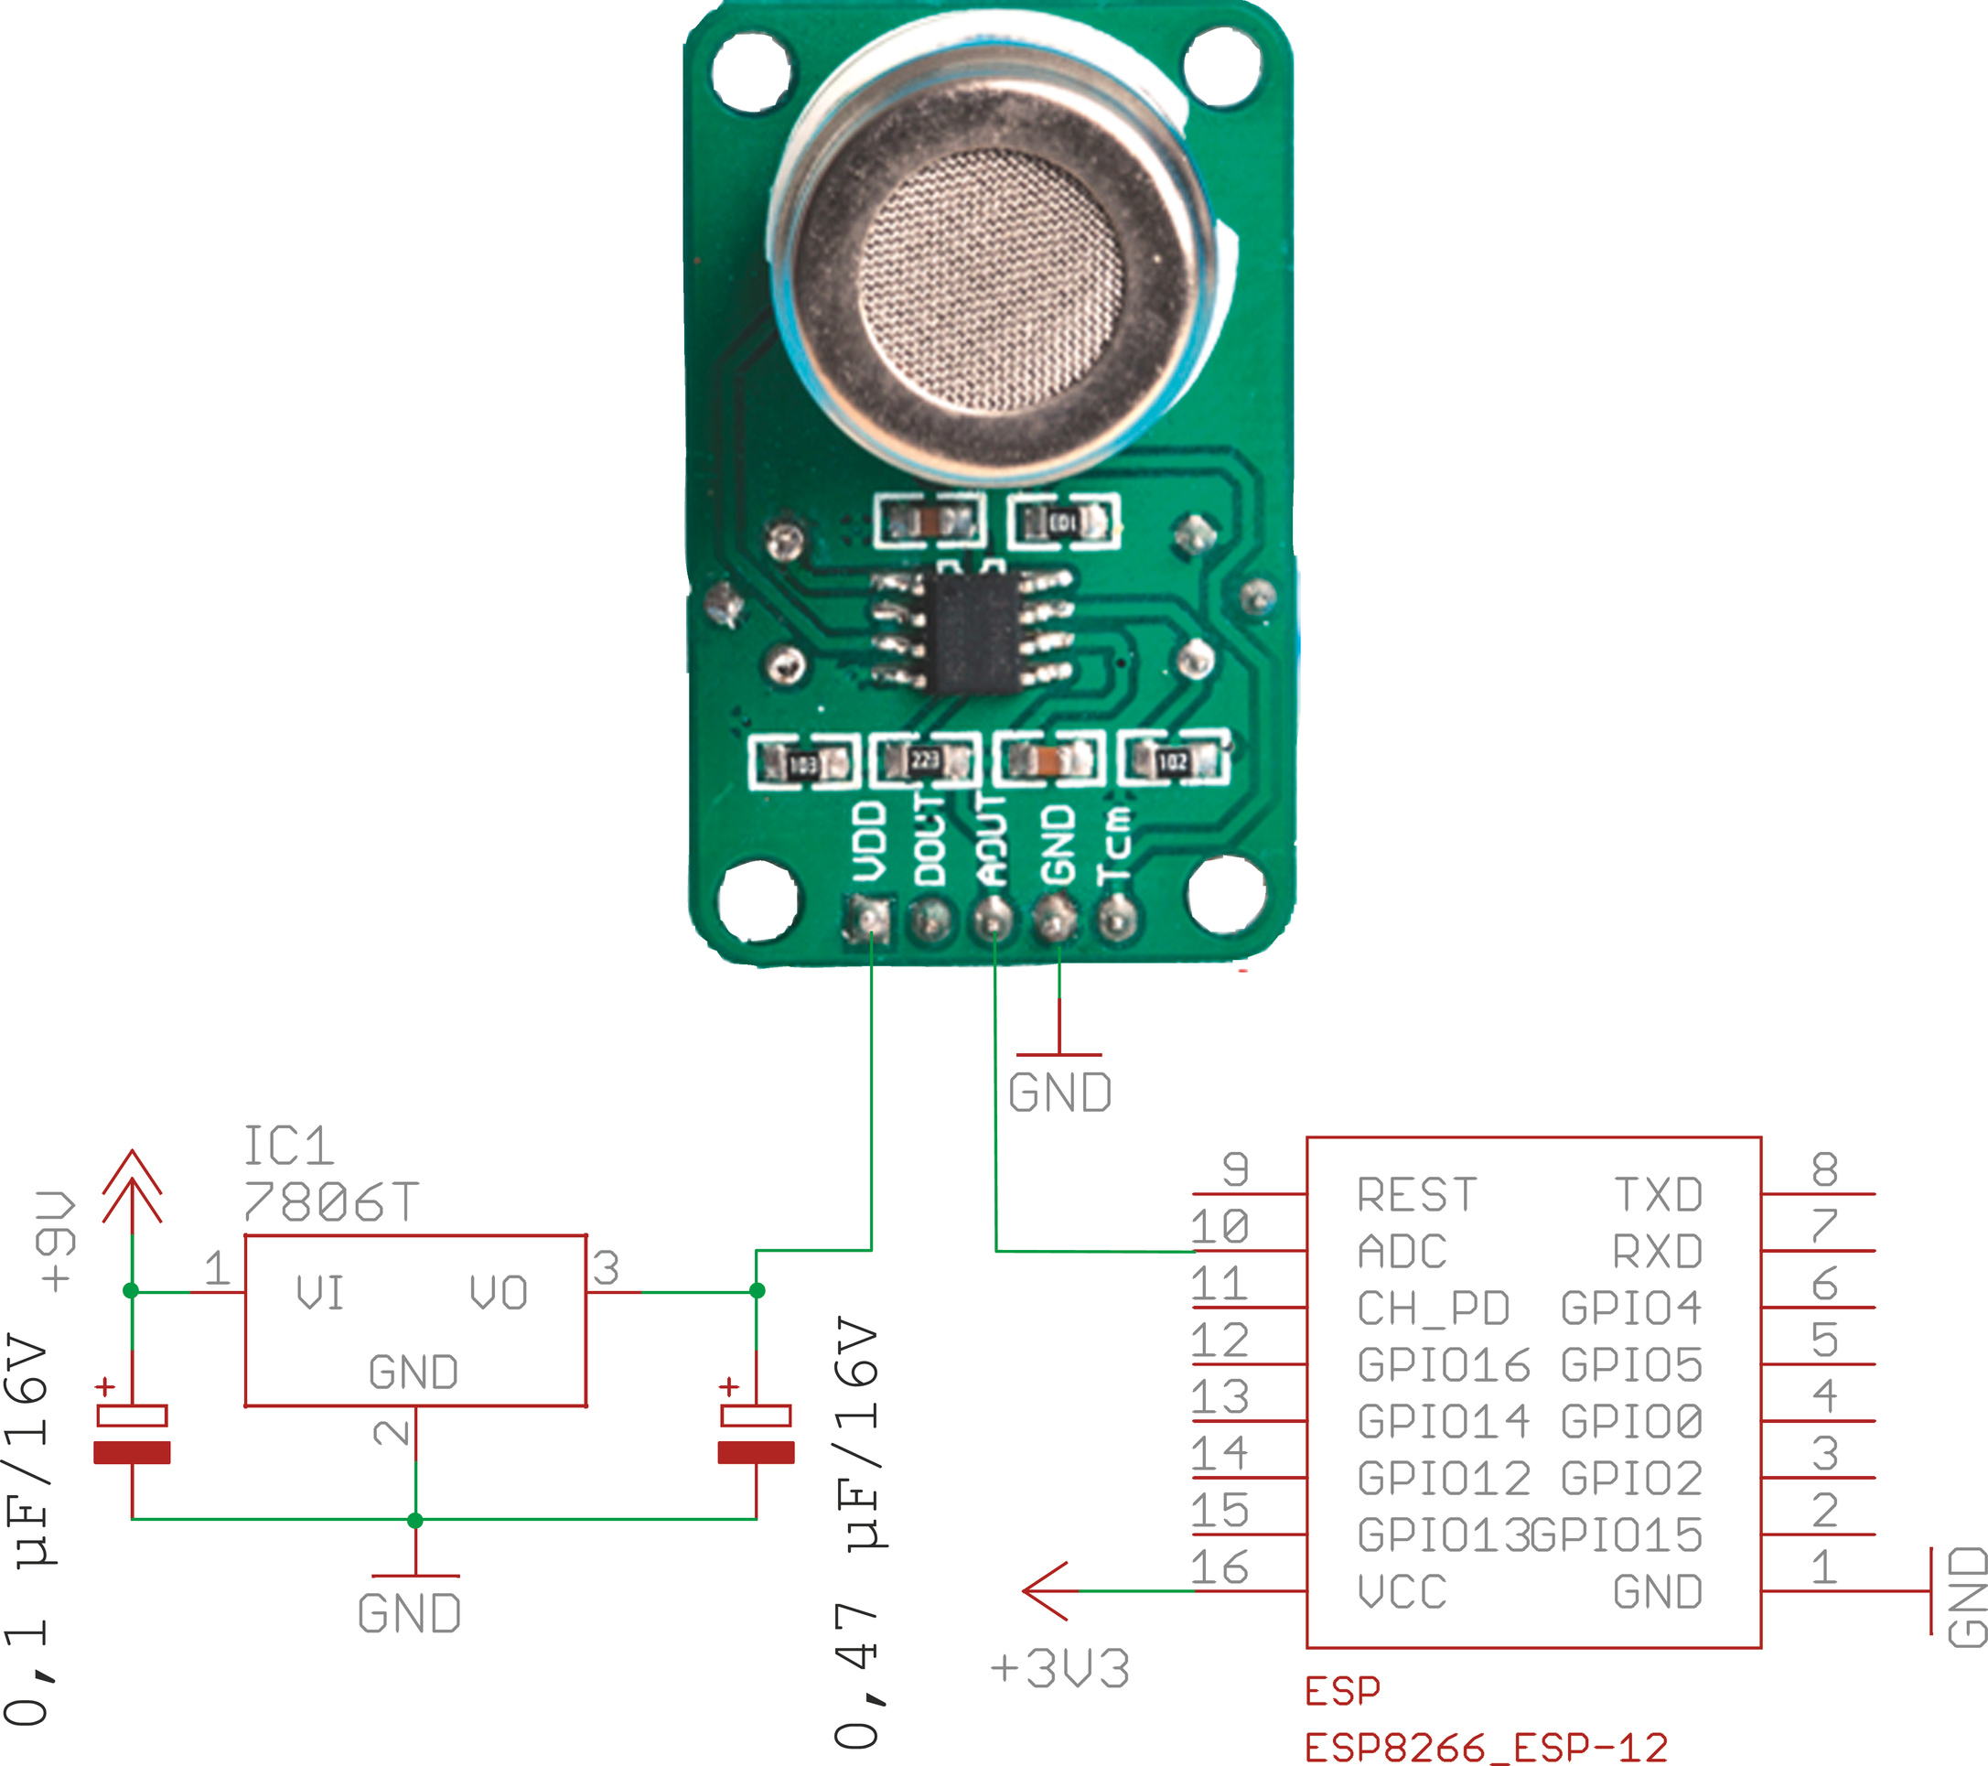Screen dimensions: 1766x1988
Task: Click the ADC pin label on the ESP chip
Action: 1401,1251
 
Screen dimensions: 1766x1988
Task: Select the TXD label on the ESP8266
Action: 1659,1195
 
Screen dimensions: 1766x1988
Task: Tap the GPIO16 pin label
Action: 1444,1365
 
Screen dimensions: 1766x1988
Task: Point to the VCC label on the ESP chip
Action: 1402,1592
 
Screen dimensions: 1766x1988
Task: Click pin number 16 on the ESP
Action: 1220,1567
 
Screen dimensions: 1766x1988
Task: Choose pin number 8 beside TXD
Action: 1824,1169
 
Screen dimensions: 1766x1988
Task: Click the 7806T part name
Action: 330,1201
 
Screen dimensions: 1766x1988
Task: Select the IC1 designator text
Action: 288,1147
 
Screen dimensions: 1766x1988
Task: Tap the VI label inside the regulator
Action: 320,1293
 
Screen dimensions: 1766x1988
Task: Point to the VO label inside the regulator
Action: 498,1293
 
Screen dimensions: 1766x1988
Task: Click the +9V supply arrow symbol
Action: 133,1187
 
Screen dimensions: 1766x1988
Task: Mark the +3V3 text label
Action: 1060,1670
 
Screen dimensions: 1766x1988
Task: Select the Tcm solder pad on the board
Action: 1116,917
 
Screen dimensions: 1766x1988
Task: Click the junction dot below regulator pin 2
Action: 415,1520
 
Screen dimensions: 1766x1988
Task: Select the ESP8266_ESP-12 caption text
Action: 1486,1748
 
